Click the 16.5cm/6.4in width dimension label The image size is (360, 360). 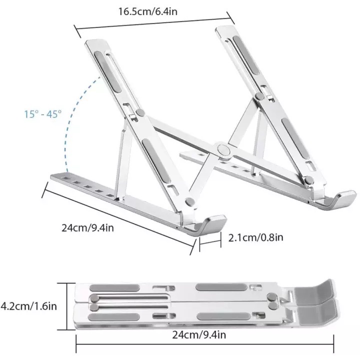pyautogui.click(x=148, y=11)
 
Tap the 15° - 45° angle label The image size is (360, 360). pyautogui.click(x=43, y=114)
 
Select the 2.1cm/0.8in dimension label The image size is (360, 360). pyautogui.click(x=255, y=237)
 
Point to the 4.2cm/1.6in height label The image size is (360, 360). pyautogui.click(x=28, y=306)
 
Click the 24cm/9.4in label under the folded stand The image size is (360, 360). pyautogui.click(x=199, y=334)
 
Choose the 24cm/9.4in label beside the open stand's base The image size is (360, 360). pyautogui.click(x=87, y=228)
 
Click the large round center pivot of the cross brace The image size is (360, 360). pyautogui.click(x=223, y=150)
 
